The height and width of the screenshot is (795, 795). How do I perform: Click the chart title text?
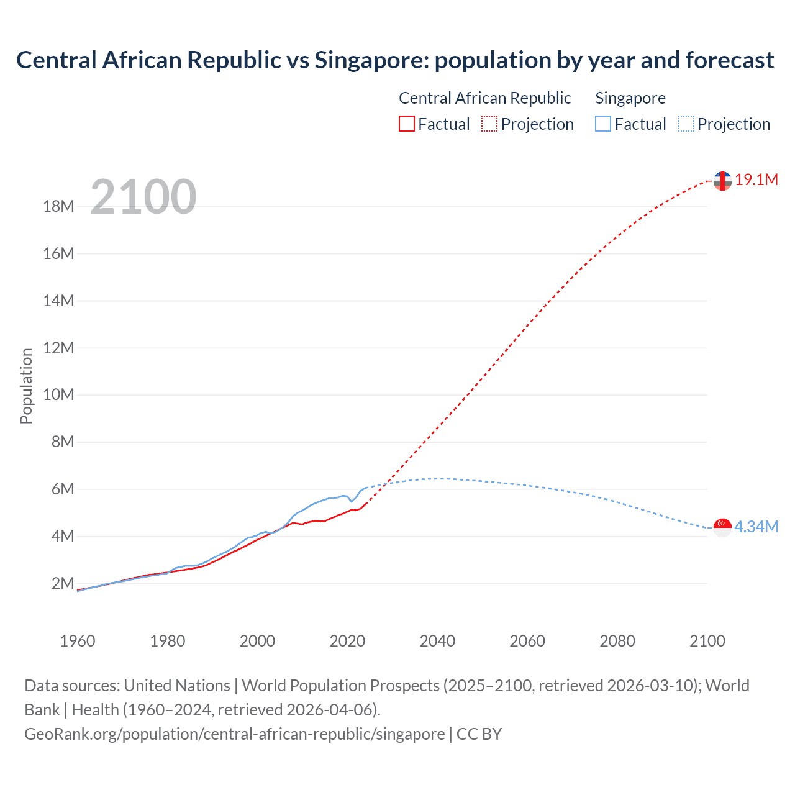click(395, 60)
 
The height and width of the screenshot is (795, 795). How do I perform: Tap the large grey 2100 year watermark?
click(143, 197)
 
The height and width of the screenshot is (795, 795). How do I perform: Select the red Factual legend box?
click(407, 124)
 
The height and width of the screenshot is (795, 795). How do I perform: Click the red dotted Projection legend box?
click(489, 124)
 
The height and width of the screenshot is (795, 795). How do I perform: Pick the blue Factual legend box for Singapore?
click(603, 124)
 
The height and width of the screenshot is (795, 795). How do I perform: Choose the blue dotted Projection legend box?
click(686, 124)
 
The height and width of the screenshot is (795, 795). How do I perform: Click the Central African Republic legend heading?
click(484, 98)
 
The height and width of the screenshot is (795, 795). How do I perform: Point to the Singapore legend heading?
click(630, 98)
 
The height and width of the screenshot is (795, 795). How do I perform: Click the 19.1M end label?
click(756, 180)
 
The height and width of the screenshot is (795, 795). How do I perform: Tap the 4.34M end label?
click(756, 527)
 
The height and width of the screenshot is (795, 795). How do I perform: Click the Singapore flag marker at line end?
click(722, 527)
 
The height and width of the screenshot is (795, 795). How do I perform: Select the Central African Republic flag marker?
click(722, 181)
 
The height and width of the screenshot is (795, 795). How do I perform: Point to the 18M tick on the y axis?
click(58, 207)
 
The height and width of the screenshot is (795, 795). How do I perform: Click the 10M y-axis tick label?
click(58, 395)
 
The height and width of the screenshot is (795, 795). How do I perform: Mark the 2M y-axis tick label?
click(63, 583)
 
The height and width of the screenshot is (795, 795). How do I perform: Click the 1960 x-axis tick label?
click(78, 641)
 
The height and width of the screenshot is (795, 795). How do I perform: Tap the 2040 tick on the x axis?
click(437, 641)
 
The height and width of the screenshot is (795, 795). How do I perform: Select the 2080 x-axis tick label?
click(617, 641)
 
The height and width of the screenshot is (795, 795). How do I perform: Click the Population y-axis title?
click(26, 386)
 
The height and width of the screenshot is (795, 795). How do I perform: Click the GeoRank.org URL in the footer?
click(235, 734)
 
